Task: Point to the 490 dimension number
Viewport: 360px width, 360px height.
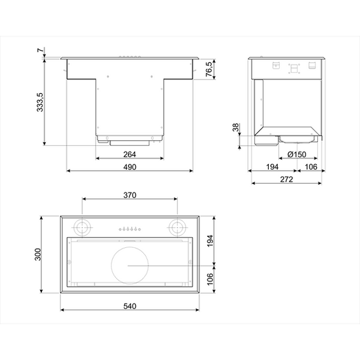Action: point(130,167)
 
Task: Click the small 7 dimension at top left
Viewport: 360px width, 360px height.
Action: point(40,51)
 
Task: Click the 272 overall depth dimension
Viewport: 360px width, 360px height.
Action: point(286,180)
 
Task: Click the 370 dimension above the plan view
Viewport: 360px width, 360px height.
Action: point(129,196)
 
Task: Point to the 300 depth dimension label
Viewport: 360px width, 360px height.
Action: point(38,255)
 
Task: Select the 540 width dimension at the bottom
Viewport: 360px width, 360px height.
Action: point(129,306)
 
